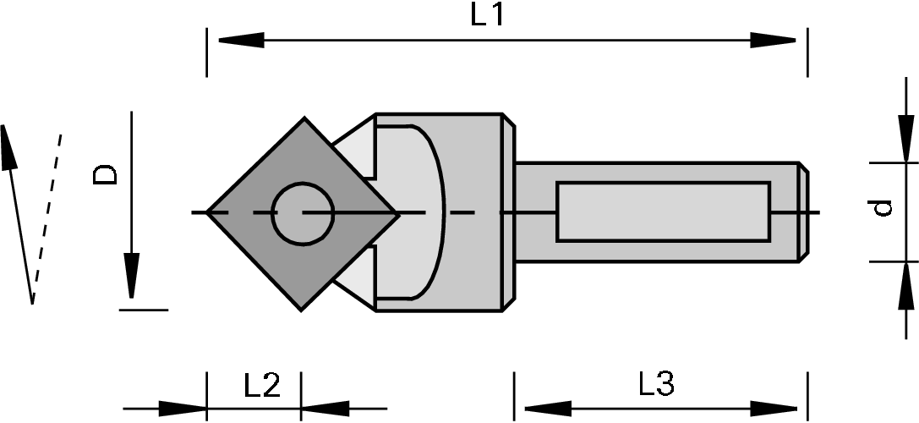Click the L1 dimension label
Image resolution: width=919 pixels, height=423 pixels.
[487, 16]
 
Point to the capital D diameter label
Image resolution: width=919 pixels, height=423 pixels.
[106, 175]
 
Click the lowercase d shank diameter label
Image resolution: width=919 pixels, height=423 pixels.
[882, 207]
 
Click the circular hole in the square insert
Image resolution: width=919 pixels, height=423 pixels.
[303, 212]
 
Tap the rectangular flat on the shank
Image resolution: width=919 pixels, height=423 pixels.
[663, 211]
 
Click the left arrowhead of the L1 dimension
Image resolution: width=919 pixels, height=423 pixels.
[241, 40]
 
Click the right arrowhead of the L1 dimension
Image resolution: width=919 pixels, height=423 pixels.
[774, 40]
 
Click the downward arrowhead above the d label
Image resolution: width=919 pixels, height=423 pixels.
[905, 140]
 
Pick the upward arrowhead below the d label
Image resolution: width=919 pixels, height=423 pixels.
[905, 283]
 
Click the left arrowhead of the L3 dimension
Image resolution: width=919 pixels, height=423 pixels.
[541, 408]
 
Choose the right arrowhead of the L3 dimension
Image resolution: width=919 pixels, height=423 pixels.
[776, 408]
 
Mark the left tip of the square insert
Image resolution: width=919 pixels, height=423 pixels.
[209, 212]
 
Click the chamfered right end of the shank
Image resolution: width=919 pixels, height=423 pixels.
[803, 211]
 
